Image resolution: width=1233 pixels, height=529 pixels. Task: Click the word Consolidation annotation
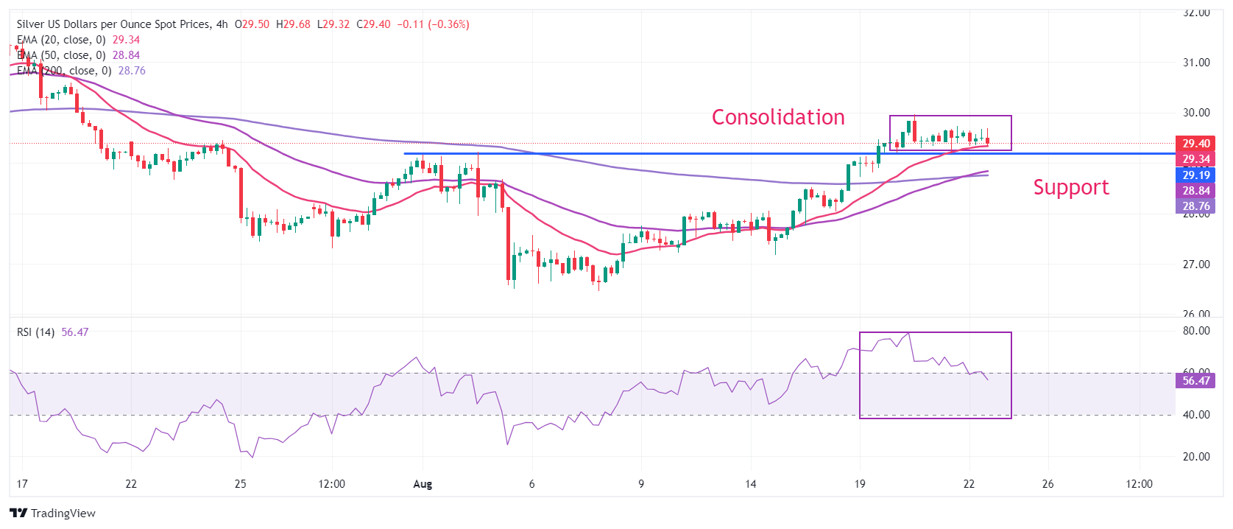(778, 117)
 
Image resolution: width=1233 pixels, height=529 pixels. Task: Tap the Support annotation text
(1070, 187)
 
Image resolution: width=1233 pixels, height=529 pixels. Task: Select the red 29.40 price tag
(1196, 144)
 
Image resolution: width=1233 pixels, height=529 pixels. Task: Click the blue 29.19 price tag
(1196, 175)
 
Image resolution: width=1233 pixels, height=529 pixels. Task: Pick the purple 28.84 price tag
(1196, 191)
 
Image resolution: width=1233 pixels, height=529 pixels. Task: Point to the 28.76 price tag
(1196, 206)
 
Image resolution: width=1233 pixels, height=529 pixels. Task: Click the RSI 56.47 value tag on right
(1196, 381)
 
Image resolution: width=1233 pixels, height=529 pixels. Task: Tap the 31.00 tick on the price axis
(1196, 63)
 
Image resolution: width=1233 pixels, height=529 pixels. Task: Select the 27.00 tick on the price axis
(1196, 264)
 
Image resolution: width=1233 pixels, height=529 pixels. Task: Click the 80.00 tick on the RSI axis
(1196, 331)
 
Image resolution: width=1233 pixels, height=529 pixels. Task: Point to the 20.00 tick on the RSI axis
(1196, 457)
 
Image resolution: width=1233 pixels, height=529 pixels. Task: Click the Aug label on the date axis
(423, 484)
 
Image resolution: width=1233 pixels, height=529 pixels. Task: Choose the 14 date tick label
(750, 484)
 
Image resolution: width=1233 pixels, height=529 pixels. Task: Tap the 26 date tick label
(1047, 484)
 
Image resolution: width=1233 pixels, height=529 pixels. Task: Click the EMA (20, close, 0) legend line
(61, 40)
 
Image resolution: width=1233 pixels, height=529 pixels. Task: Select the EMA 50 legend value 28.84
(126, 55)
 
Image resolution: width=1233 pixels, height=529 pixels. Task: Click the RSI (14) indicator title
(35, 332)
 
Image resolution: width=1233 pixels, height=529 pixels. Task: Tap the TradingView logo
(53, 514)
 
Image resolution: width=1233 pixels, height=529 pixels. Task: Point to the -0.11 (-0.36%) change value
(433, 24)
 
